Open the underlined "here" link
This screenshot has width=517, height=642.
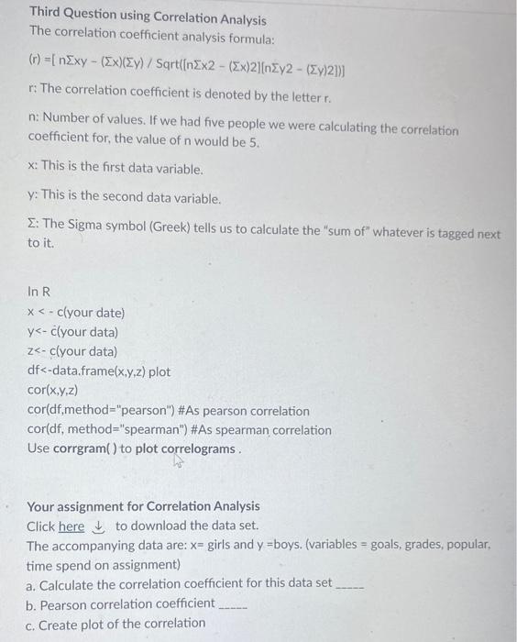[x=71, y=526]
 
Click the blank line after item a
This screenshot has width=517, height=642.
[x=352, y=585]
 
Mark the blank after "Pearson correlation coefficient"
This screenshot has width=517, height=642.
[x=233, y=604]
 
